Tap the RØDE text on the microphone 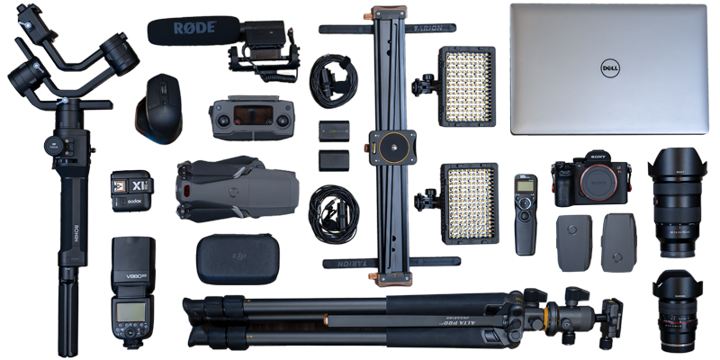[x=194, y=28]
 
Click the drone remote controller [x=251, y=118]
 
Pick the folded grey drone [x=236, y=187]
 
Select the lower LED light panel [x=467, y=202]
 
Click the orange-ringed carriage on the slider [x=391, y=144]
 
